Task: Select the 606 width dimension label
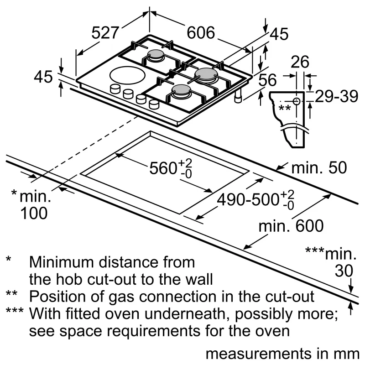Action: [201, 33]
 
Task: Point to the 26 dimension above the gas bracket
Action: [299, 62]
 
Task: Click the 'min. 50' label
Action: [319, 167]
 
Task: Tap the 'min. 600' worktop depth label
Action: [291, 225]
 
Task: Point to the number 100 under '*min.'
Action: [34, 213]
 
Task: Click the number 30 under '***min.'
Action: [344, 271]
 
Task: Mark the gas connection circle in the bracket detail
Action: [297, 101]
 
